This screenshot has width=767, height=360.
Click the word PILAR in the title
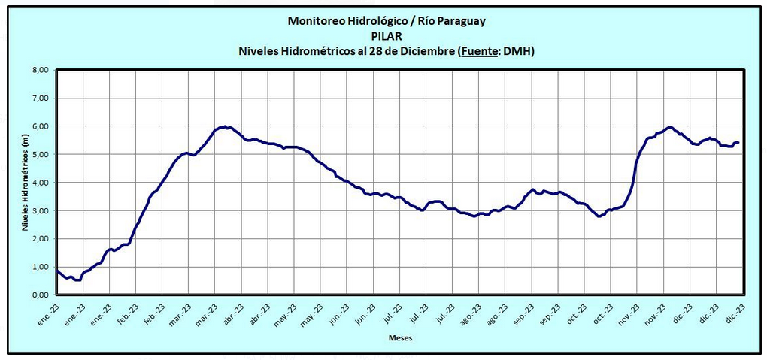click(387, 35)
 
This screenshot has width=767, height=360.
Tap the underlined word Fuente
click(478, 50)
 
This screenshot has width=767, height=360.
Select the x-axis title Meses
click(400, 338)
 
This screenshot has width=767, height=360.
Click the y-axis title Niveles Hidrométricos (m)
click(25, 182)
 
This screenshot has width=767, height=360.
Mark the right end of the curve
click(738, 142)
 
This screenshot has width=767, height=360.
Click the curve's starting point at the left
click(57, 269)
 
